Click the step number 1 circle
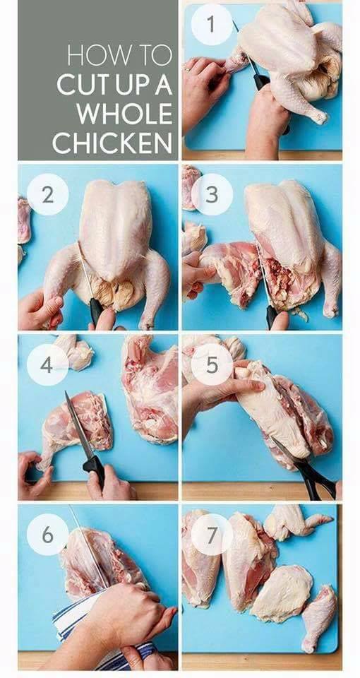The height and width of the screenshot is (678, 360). [x=211, y=24]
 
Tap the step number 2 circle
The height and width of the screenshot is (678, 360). [x=47, y=195]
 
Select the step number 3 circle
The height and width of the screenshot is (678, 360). [x=212, y=195]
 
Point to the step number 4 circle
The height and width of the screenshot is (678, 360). [x=47, y=365]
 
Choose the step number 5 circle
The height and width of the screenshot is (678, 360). [x=212, y=365]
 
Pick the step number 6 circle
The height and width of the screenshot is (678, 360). [x=47, y=535]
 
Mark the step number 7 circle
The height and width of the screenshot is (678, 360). [x=212, y=535]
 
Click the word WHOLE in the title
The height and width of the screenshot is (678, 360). [x=125, y=114]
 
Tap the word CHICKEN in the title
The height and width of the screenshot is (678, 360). [x=113, y=143]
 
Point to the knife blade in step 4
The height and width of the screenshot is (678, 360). [x=78, y=425]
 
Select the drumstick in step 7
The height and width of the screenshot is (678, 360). [x=318, y=618]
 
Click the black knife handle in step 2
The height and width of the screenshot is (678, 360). [x=96, y=311]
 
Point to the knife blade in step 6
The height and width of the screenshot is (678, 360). [x=88, y=546]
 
